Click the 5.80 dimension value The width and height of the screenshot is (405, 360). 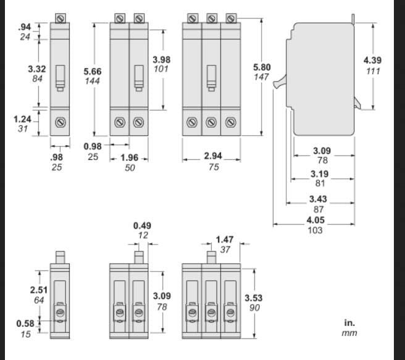tap(262, 66)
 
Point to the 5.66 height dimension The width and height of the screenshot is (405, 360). tap(93, 72)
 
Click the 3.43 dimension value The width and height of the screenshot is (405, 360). tap(318, 199)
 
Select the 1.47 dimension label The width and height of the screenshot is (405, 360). tap(225, 239)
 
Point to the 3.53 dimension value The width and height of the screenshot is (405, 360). tap(254, 296)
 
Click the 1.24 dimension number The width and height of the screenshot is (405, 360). tap(23, 119)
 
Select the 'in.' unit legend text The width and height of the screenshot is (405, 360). tap(349, 322)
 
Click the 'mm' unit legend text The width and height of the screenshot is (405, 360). tap(349, 333)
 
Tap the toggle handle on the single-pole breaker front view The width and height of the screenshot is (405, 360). tap(60, 78)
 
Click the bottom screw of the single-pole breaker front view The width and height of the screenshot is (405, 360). tap(60, 122)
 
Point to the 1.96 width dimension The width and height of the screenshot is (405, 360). tap(129, 157)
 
